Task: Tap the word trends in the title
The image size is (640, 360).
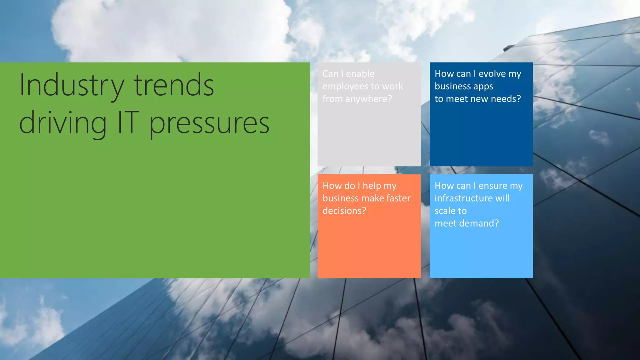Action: click(x=174, y=85)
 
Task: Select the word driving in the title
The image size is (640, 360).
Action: click(x=63, y=123)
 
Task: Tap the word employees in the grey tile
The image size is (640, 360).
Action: click(x=345, y=86)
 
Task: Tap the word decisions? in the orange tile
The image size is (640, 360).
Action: click(x=344, y=211)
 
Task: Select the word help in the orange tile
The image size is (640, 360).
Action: click(x=372, y=186)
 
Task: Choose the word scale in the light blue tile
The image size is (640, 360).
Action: click(x=444, y=211)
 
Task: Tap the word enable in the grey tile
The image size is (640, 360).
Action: click(x=360, y=74)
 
